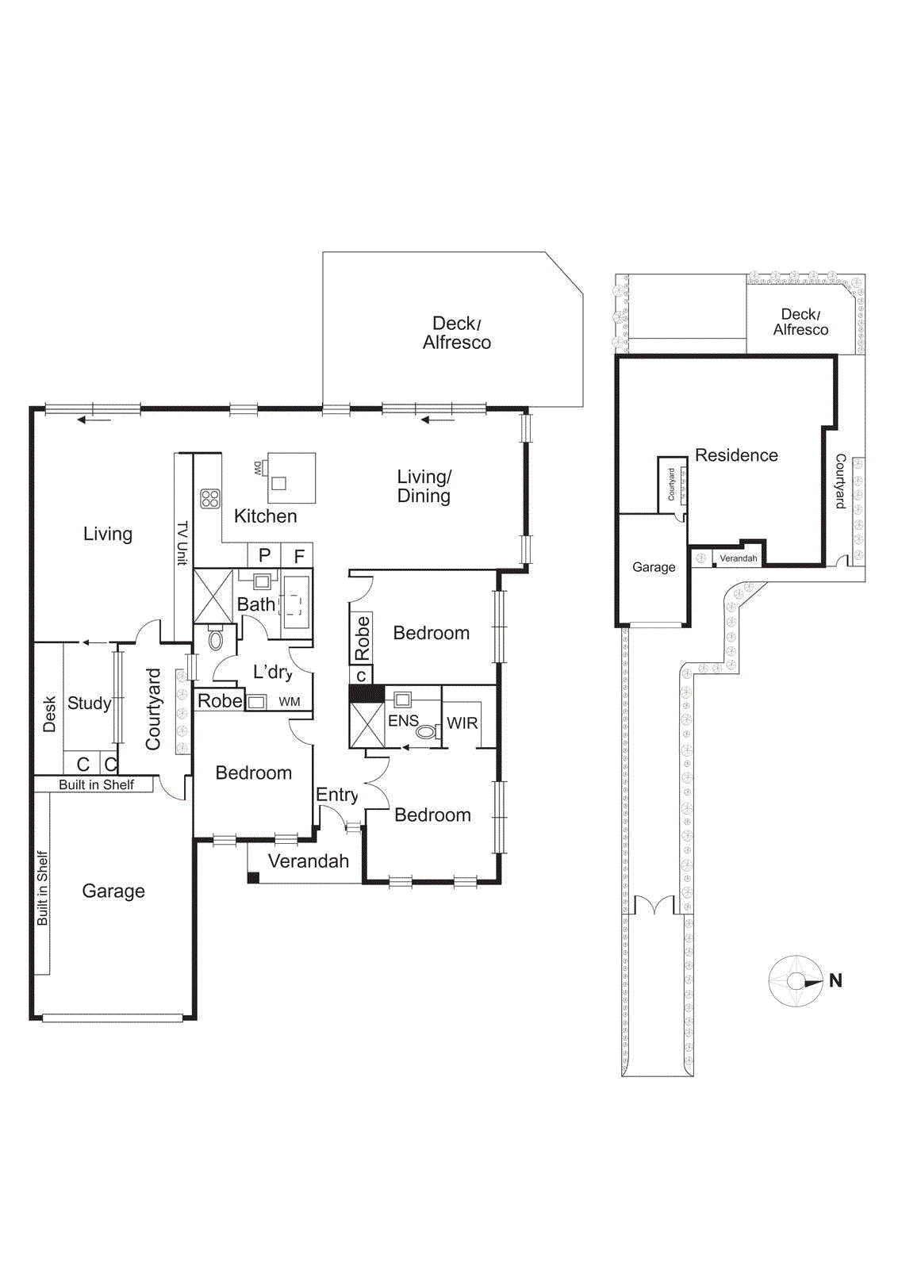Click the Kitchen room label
265,516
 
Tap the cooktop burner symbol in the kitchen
210,499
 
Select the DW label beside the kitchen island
258,468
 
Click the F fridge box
299,556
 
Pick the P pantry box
265,555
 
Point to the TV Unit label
182,542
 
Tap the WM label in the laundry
290,702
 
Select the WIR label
462,723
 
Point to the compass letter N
835,980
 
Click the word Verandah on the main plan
308,861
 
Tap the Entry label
336,795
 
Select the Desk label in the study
49,714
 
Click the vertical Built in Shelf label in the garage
43,888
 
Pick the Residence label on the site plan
736,455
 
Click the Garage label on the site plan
654,567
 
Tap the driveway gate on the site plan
654,905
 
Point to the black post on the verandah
253,877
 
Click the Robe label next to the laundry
220,701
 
